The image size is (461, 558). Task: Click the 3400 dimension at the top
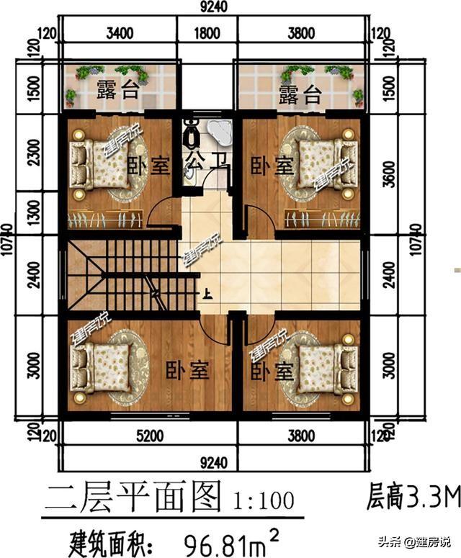click(x=120, y=32)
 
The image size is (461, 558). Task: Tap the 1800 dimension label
click(x=207, y=32)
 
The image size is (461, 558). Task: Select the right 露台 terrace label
click(x=300, y=95)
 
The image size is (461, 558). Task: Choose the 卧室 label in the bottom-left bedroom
click(x=187, y=372)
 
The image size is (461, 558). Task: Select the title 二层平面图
click(x=133, y=496)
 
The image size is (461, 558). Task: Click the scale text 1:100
click(x=262, y=498)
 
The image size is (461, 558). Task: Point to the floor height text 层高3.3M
click(x=413, y=496)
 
